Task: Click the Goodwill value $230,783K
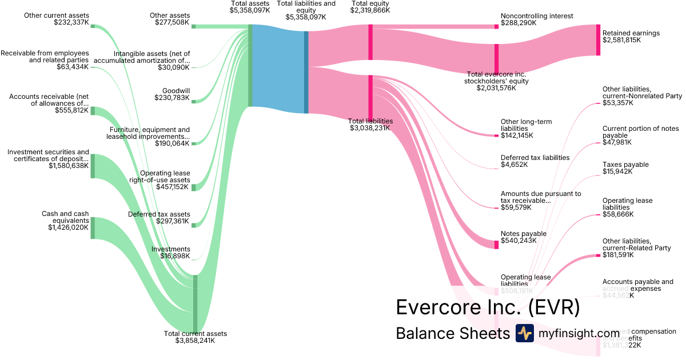[172, 98]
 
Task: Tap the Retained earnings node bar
[598, 40]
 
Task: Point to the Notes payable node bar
[496, 245]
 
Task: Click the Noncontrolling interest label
[536, 16]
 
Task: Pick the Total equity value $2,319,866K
[370, 10]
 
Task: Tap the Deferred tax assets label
[158, 214]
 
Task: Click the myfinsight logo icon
[524, 333]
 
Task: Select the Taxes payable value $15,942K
[617, 171]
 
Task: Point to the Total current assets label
[195, 334]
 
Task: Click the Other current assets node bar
[93, 26]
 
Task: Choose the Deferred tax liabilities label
[535, 158]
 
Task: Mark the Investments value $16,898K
[175, 256]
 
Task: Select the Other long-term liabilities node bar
[496, 135]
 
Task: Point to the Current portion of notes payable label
[640, 132]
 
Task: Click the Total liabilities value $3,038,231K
[370, 128]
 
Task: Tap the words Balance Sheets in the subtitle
[452, 333]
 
